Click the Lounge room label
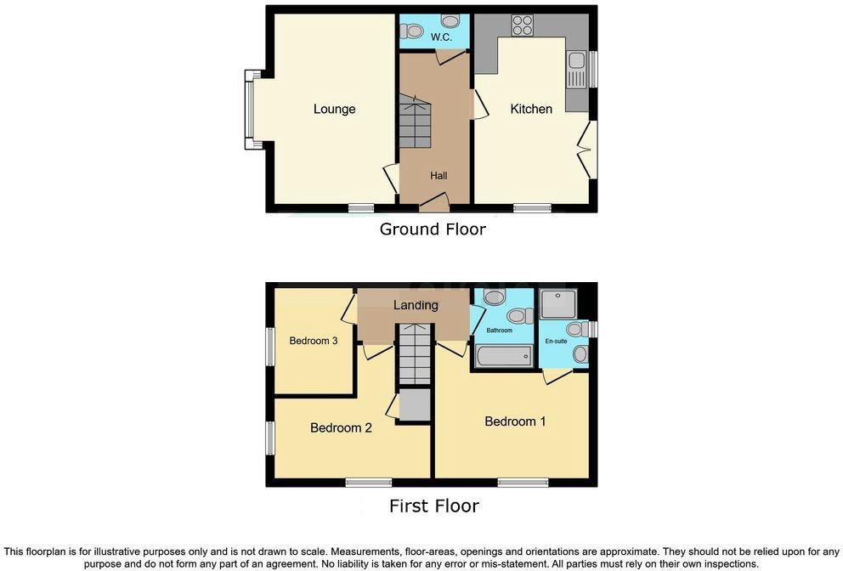[334, 109]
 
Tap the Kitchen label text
[531, 109]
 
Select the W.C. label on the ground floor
[441, 37]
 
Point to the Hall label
[438, 176]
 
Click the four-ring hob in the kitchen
[522, 25]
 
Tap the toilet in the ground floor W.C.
[414, 31]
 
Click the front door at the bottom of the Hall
[434, 203]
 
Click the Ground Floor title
[433, 229]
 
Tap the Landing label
[416, 305]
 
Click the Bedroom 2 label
[341, 428]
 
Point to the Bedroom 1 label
[515, 421]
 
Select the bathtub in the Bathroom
[504, 356]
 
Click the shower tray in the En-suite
[558, 303]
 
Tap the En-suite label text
[556, 341]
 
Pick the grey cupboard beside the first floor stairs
[415, 405]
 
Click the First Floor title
[433, 506]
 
